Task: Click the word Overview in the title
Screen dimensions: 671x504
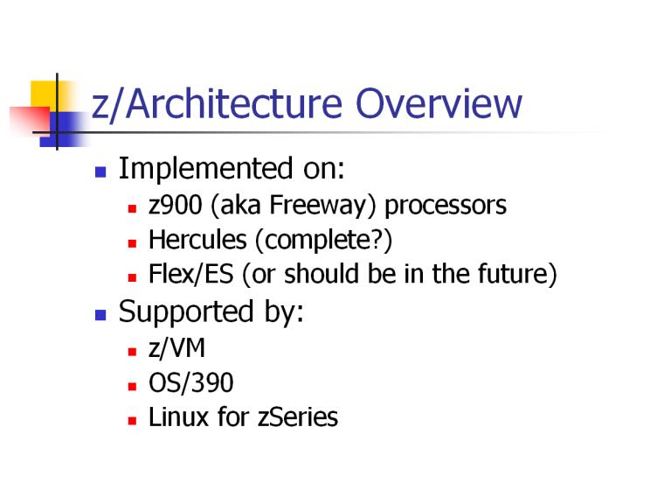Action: pos(439,103)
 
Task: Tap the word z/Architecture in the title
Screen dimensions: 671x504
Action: pos(217,104)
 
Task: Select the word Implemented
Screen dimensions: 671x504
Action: pos(206,168)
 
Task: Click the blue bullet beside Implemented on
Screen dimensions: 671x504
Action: pos(100,172)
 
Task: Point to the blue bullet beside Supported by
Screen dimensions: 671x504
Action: pos(100,315)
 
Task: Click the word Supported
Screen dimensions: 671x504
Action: pos(186,312)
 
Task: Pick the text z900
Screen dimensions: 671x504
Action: pos(176,205)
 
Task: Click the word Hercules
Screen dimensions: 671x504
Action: pos(197,240)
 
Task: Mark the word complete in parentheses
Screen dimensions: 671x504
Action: pos(318,241)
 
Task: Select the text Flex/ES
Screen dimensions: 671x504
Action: pos(191,274)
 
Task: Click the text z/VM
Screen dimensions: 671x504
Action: pos(176,347)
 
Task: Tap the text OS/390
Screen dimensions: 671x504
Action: pos(190,382)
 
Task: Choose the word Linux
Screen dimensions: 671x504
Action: pos(177,417)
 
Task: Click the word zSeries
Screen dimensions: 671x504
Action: pos(298,417)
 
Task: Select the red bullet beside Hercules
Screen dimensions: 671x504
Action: pos(132,243)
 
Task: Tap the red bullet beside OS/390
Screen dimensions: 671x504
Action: pos(132,386)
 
